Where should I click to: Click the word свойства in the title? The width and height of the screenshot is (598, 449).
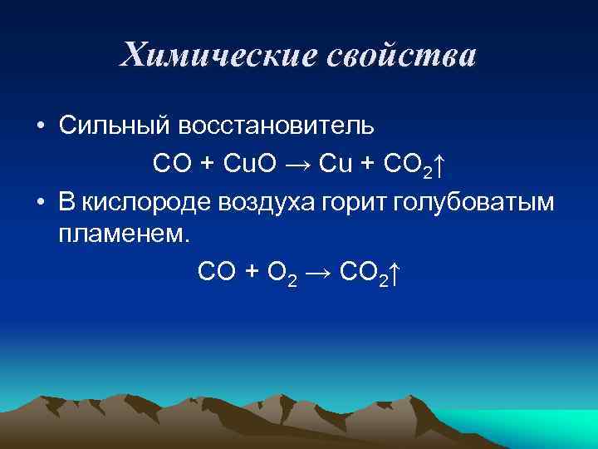[x=400, y=57]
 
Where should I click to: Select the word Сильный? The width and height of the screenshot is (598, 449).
[x=112, y=126]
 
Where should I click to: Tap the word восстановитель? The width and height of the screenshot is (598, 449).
[x=274, y=126]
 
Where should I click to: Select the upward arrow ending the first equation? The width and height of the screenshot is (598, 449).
[x=439, y=165]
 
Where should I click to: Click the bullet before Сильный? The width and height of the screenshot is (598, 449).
[x=40, y=126]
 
